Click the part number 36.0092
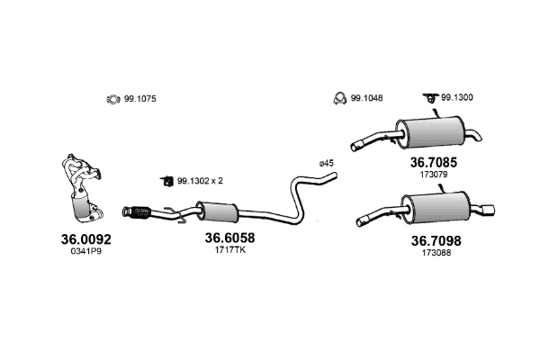(86, 239)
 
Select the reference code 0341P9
(86, 251)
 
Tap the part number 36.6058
(230, 238)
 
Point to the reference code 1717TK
(230, 250)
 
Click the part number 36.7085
(434, 162)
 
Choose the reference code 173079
(434, 175)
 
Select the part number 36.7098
(436, 241)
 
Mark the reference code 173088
(436, 253)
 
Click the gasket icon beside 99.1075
(113, 100)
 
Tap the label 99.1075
(140, 99)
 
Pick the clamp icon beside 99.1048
(340, 98)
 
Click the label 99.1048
(367, 98)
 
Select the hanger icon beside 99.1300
(430, 98)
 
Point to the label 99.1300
(457, 97)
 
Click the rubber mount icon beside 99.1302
(166, 181)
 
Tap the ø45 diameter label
(327, 163)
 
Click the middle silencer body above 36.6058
(217, 211)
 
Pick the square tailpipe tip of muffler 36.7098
(489, 210)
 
